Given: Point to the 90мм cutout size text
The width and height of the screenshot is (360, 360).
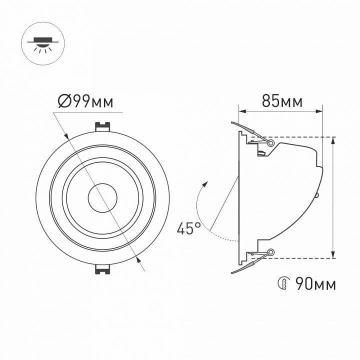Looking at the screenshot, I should click(x=315, y=284).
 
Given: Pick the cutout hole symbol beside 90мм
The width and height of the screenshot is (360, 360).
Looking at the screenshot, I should click(x=282, y=284).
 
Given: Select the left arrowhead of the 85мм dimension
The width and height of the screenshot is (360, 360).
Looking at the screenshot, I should click(x=241, y=110).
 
